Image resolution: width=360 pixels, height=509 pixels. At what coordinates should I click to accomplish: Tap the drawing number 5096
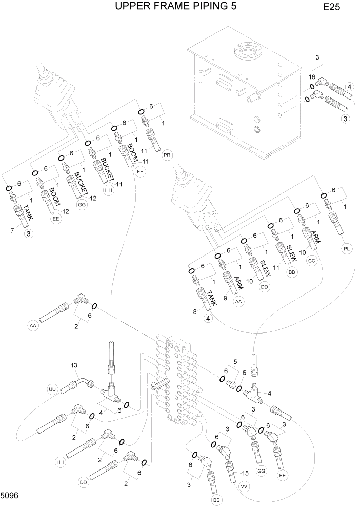(x=10, y=496)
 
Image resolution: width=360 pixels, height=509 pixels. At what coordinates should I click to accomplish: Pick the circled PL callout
(x=347, y=249)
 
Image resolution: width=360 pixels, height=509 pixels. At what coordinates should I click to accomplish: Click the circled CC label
(x=311, y=261)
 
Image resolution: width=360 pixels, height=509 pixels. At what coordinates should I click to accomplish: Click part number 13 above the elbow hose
(x=73, y=365)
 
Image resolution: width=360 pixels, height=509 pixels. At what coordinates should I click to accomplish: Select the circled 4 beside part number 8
(x=208, y=318)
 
